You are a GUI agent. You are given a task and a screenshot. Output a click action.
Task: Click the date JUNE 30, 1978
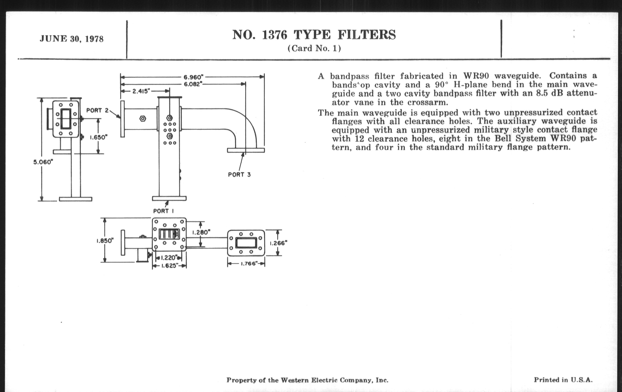coord(72,39)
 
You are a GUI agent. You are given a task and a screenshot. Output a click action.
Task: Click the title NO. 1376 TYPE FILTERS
coord(314,35)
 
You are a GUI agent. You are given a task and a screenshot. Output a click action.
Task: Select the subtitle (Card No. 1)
coord(314,48)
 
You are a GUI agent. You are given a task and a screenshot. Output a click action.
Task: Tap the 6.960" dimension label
coord(193,77)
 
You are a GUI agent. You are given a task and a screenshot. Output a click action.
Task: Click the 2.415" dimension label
coord(141,91)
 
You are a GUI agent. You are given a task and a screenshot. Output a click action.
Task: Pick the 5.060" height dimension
coord(43,162)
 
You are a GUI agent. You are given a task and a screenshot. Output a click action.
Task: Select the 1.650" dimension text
coord(98,137)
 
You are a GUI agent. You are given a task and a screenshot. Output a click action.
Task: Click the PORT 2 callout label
coord(97,110)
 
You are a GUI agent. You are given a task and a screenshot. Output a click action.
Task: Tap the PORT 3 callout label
coord(239,175)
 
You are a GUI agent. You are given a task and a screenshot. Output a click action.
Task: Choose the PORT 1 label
coord(163,211)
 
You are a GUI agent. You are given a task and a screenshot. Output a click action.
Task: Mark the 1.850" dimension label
coord(105,241)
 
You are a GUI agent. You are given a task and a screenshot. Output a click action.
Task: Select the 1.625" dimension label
coord(170,266)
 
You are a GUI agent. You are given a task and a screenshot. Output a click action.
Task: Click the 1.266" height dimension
coord(279,243)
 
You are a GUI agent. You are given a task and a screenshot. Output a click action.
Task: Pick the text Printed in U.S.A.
coord(563,380)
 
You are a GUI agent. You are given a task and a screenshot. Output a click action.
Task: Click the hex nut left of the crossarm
coord(143,119)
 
